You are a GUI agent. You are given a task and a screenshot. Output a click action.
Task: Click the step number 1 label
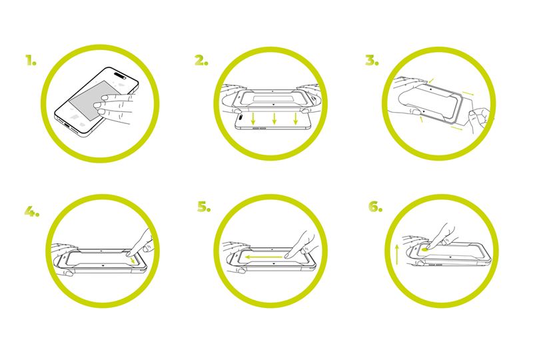tap(31, 60)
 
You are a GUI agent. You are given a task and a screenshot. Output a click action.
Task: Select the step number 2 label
tap(201, 60)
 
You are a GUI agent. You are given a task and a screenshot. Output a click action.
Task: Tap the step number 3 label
tap(372, 60)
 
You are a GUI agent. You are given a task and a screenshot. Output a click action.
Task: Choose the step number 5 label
tap(204, 207)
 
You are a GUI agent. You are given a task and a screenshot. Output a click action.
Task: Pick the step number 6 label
tap(375, 207)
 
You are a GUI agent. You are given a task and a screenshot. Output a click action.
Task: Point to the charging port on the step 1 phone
tap(69, 127)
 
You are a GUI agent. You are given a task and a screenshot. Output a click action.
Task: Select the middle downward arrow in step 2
tap(274, 119)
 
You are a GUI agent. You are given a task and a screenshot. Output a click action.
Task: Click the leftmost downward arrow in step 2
tap(253, 119)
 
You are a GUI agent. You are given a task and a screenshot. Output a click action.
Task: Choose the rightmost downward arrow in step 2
tap(296, 119)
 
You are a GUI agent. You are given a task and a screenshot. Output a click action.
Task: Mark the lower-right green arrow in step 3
tap(456, 128)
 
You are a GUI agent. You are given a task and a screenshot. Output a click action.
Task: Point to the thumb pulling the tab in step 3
tap(473, 115)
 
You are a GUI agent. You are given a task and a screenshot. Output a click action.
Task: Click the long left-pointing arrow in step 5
tap(263, 257)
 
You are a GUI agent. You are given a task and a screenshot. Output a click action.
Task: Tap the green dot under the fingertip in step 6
tap(424, 249)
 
